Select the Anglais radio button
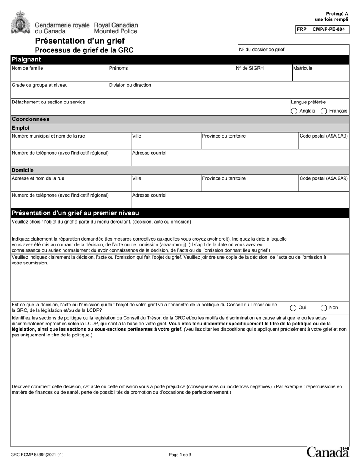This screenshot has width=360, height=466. pos(294,111)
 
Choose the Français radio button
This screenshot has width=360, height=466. pos(324,111)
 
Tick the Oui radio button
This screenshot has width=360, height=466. pos(293,308)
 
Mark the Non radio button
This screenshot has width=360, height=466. pos(324,308)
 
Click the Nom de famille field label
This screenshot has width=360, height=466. pos(27,68)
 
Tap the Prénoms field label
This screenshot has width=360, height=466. pos(118,68)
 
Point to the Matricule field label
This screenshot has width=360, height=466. pos(302,68)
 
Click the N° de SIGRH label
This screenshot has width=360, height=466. pos(250,68)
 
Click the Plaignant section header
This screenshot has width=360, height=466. pos(26,59)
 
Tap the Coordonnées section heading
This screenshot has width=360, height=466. pos(31,119)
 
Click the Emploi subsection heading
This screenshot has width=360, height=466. pos(20,128)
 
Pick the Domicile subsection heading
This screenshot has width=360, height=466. pos(23,170)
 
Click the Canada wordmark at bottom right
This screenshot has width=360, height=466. pos(328,452)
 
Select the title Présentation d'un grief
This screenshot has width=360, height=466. pos(80,41)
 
